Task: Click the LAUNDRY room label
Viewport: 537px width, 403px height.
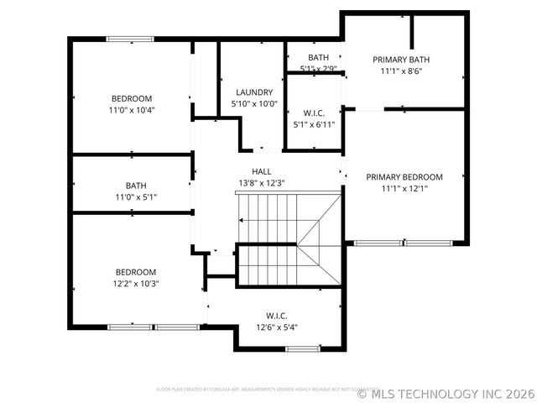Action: (253, 92)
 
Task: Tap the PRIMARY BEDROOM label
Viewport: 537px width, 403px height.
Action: (404, 177)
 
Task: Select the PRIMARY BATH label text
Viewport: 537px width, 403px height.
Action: (401, 60)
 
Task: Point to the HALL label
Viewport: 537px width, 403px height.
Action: (250, 171)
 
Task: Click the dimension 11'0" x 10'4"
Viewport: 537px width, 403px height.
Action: (132, 110)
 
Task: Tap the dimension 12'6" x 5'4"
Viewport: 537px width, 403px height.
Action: (277, 327)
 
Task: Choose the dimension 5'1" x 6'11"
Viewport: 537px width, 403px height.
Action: (314, 124)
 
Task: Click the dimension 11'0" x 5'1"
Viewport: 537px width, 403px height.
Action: (136, 197)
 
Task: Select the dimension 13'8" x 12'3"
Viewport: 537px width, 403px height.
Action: (250, 183)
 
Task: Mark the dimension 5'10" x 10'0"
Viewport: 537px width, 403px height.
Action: (253, 104)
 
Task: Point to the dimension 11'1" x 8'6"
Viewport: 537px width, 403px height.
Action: (401, 71)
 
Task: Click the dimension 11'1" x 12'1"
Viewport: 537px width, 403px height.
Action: (404, 189)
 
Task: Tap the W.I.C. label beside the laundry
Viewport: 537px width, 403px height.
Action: (314, 113)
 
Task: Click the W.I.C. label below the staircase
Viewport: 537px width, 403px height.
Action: (278, 316)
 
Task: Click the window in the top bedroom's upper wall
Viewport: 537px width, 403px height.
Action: (129, 39)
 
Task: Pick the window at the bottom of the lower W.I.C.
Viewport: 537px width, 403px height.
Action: (302, 348)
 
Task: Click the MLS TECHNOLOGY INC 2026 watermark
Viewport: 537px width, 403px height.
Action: (446, 392)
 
